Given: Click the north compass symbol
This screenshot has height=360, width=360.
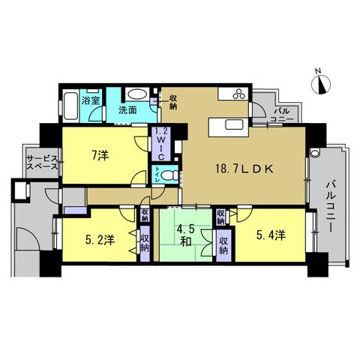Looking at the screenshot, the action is pyautogui.click(x=321, y=84).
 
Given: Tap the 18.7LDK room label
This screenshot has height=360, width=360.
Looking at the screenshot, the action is pyautogui.click(x=244, y=169).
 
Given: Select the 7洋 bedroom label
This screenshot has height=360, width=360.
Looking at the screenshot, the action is pyautogui.click(x=100, y=156).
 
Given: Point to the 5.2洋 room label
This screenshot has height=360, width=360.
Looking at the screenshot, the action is pyautogui.click(x=100, y=240).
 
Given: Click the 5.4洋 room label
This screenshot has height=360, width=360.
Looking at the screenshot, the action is pyautogui.click(x=271, y=235).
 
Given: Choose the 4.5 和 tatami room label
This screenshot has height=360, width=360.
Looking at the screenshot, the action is pyautogui.click(x=185, y=235).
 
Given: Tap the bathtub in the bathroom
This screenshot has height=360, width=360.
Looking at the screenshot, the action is pyautogui.click(x=69, y=106).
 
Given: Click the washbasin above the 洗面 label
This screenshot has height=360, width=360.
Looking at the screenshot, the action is pyautogui.click(x=136, y=94).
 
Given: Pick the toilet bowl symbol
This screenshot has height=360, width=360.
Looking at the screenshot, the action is pyautogui.click(x=169, y=175).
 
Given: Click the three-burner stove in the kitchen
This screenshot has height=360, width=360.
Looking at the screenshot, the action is pyautogui.click(x=240, y=94).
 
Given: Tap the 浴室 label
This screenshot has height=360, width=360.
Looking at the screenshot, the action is pyautogui.click(x=91, y=100).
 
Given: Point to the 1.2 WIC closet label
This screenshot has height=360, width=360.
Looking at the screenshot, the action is pyautogui.click(x=161, y=143).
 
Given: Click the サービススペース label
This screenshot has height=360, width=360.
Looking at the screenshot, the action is pyautogui.click(x=42, y=162).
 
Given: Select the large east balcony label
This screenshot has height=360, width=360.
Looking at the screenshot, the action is pyautogui.click(x=330, y=207).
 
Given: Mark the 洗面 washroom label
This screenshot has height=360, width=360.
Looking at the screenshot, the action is pyautogui.click(x=127, y=110).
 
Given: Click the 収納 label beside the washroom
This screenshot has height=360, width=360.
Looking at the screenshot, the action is pyautogui.click(x=173, y=102).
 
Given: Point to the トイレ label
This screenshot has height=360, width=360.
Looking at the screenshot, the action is pyautogui.click(x=157, y=175).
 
